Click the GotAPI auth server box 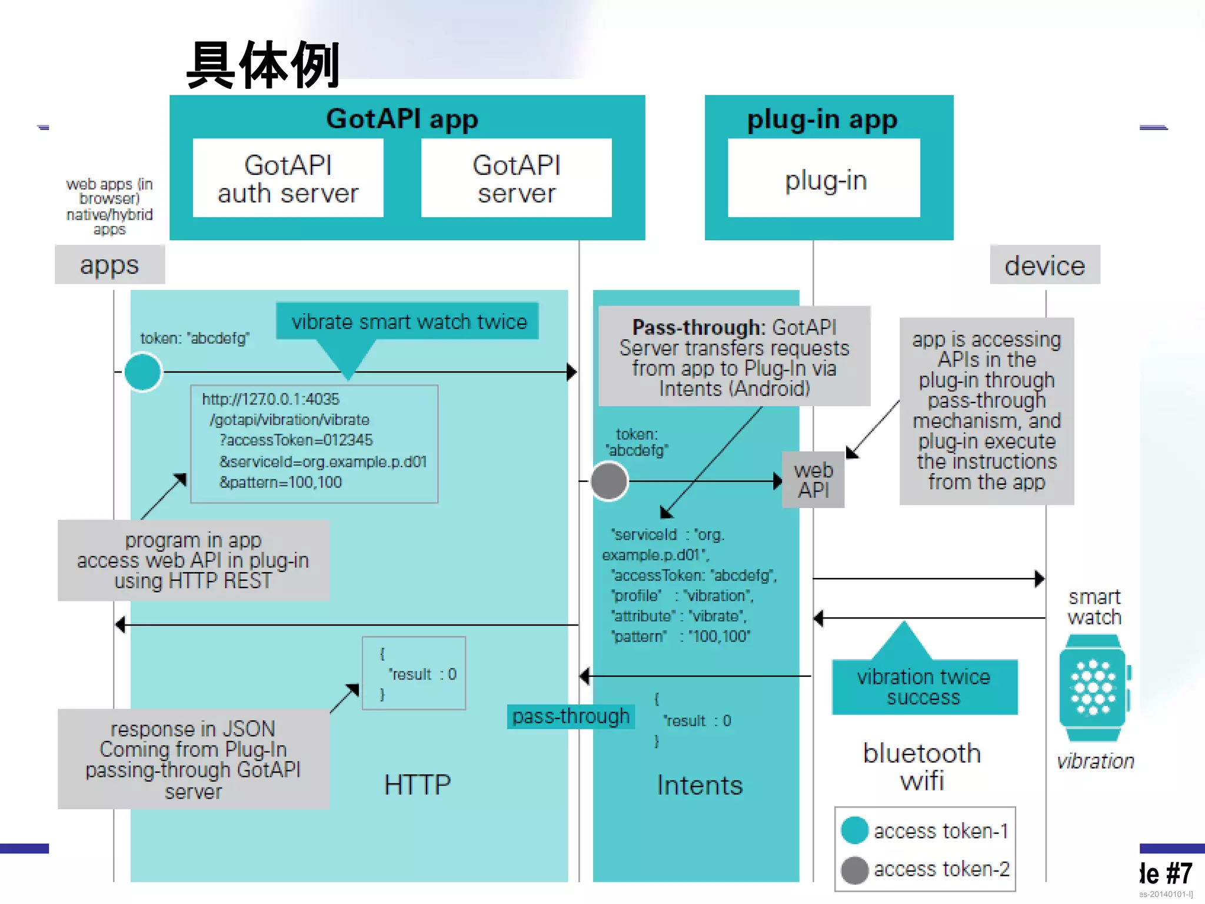(288, 178)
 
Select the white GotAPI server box (516, 178)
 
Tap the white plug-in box (824, 178)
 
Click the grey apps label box (109, 265)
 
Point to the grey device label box (1044, 265)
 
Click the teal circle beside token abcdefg (143, 372)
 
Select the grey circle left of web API (609, 481)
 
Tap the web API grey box (813, 480)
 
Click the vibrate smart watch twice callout (408, 322)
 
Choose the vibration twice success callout (924, 687)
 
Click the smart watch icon (1093, 687)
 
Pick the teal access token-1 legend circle (855, 830)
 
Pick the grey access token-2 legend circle (855, 870)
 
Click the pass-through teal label (570, 716)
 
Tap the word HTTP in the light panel (417, 785)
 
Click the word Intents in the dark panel (700, 785)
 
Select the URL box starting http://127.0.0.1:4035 (314, 444)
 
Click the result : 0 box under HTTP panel (414, 673)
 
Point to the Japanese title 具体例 (264, 65)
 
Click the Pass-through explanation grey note (734, 357)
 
